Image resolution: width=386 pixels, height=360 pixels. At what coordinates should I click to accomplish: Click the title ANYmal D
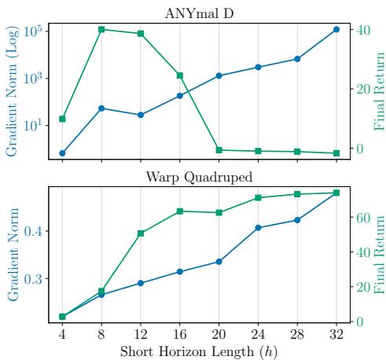coord(199,13)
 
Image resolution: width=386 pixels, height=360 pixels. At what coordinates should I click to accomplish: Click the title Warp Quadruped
coord(199,176)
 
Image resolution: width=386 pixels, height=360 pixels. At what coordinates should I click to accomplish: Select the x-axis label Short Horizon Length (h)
coord(199,351)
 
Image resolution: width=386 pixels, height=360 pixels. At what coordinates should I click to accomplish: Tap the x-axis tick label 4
coord(62,333)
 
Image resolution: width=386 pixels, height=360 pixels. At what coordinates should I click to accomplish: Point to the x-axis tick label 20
coord(219,333)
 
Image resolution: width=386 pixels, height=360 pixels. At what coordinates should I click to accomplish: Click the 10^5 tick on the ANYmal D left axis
coord(34,31)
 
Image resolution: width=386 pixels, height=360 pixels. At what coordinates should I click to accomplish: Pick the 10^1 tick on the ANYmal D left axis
coord(34,126)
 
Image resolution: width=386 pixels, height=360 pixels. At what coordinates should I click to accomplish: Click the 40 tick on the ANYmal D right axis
coord(358,30)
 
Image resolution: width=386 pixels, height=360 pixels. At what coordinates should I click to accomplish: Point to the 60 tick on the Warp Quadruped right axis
coord(358,218)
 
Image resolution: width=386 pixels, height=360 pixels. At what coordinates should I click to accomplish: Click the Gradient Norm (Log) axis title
coord(12,90)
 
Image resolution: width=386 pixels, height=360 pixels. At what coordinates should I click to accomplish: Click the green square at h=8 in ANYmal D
coord(101,30)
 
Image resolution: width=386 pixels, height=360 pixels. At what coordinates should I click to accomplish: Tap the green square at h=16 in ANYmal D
coord(180,75)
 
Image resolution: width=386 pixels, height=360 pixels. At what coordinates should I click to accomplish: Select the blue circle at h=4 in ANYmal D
coord(62,153)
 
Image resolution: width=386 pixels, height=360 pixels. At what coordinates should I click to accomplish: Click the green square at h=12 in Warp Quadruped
coord(141,233)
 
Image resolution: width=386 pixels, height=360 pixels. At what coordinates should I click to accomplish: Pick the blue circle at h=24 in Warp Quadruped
coord(258,228)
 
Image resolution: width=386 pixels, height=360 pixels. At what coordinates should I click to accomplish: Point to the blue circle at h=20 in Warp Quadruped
coord(219,262)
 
